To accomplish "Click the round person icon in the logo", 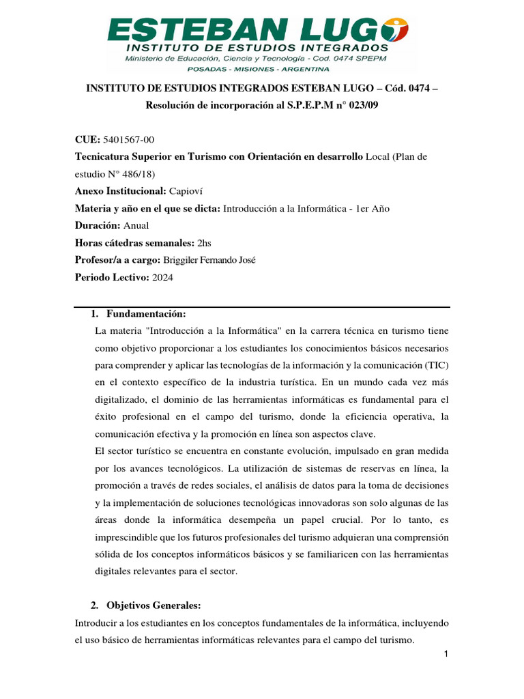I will tap(396, 30).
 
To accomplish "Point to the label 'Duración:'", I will tap(97, 225).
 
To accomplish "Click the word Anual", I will tap(136, 225).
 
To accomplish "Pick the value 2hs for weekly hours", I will tap(205, 242).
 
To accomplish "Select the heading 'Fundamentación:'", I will tap(146, 313).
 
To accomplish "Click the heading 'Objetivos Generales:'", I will tap(154, 605).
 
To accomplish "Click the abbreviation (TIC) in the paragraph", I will tap(434, 365).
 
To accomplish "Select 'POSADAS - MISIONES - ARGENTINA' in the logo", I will tap(262, 69).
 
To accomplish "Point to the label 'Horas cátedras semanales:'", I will tap(134, 242).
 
